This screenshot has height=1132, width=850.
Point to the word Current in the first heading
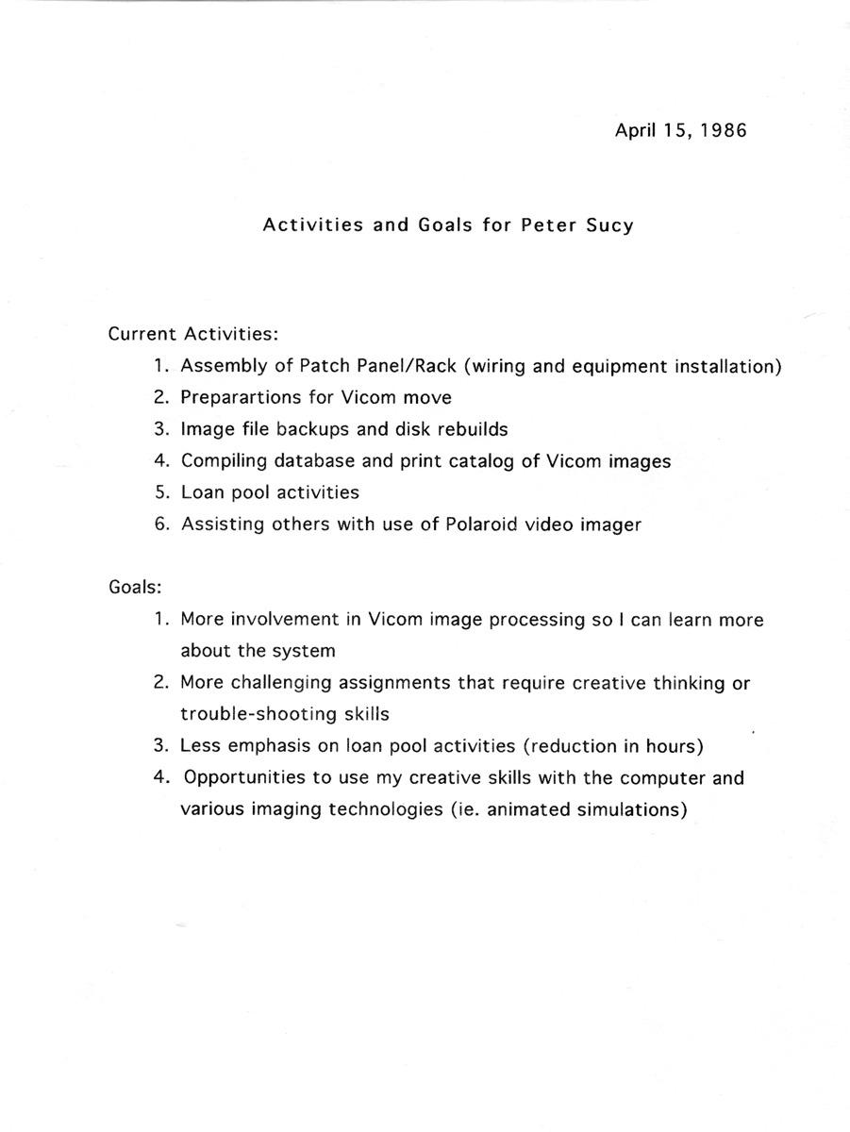coord(142,334)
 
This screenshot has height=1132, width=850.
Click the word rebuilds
coord(471,429)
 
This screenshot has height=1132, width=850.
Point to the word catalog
coord(483,461)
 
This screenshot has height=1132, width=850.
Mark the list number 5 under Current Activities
coord(162,492)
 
